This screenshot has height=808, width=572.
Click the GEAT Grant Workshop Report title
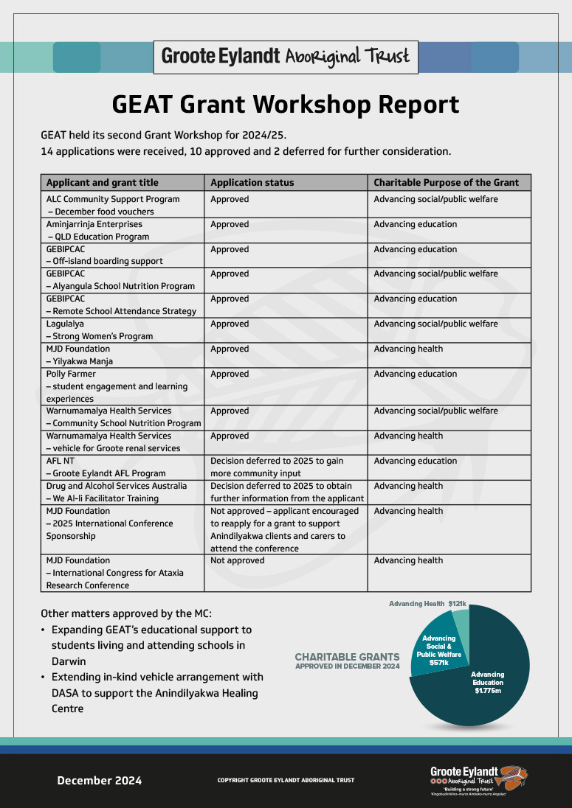(x=286, y=104)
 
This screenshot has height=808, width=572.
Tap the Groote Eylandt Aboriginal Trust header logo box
(x=286, y=57)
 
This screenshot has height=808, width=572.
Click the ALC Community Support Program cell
(x=123, y=205)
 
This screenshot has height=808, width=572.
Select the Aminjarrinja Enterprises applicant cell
(x=123, y=230)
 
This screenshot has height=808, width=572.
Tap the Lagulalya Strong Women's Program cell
(x=123, y=330)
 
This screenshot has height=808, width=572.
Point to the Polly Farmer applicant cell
(x=123, y=386)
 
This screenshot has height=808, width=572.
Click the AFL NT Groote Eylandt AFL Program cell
(x=123, y=467)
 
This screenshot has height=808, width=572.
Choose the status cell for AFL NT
(x=286, y=467)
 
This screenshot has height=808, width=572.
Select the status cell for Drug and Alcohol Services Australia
(x=286, y=492)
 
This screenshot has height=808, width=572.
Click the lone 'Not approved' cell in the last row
(x=286, y=573)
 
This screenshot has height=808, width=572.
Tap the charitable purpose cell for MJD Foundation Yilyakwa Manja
(x=449, y=355)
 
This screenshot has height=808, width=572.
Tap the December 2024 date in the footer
(x=100, y=781)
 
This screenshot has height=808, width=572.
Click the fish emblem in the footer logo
(x=513, y=777)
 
